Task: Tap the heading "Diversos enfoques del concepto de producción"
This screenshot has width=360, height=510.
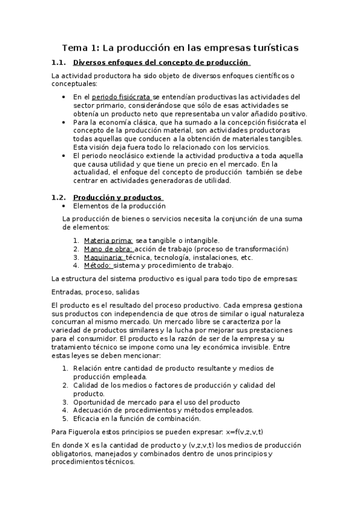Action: click(x=160, y=63)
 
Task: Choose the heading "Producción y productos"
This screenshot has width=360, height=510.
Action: click(x=117, y=197)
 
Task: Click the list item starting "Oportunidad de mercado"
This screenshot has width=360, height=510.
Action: click(x=156, y=402)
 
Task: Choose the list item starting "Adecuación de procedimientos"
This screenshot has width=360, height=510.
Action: click(x=163, y=410)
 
